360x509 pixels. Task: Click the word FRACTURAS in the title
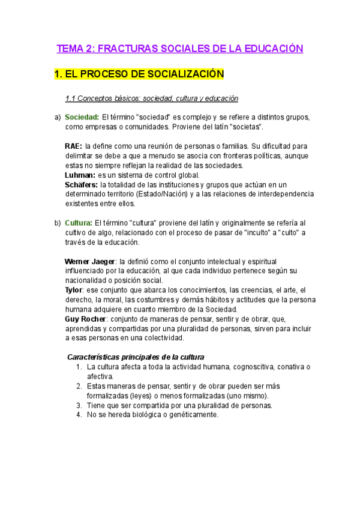[x=125, y=49]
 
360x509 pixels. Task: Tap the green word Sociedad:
[x=82, y=117]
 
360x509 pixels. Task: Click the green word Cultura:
[x=79, y=223]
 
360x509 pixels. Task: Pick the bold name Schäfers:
[x=82, y=185]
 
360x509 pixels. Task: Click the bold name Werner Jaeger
[x=90, y=262]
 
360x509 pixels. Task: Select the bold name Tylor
[x=73, y=290]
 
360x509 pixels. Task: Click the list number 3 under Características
[x=79, y=405]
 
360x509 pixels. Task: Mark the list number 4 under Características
[x=79, y=415]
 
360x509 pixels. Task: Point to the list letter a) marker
[x=57, y=117]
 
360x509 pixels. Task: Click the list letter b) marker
[x=57, y=223]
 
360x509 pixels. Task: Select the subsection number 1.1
[x=71, y=98]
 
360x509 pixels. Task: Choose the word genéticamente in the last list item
[x=191, y=415]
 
